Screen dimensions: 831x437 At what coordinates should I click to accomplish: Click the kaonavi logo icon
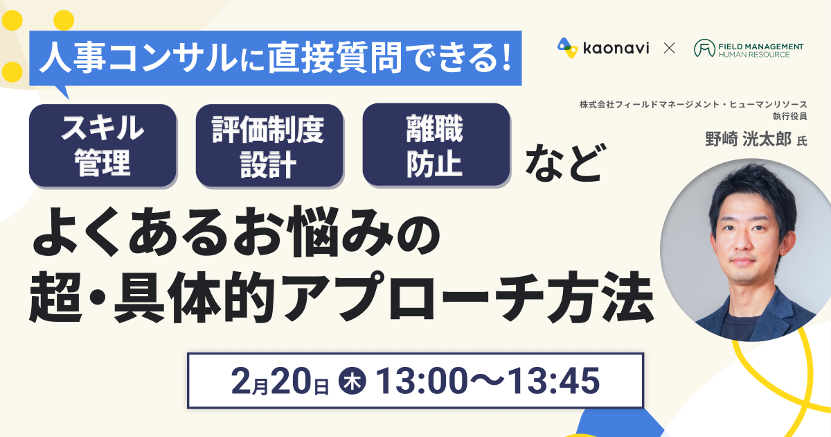click(567, 48)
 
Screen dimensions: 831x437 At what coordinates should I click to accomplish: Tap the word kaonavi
click(616, 49)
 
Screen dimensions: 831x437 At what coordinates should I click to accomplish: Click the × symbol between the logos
click(669, 49)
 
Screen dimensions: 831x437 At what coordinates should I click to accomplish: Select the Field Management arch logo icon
click(704, 49)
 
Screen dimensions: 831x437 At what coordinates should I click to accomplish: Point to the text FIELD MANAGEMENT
click(761, 46)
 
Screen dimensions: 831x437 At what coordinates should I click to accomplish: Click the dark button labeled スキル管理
click(102, 145)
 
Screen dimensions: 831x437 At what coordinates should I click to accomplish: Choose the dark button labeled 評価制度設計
click(269, 145)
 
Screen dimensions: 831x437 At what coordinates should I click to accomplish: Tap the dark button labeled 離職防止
click(436, 145)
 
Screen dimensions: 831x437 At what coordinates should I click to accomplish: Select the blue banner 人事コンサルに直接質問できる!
click(276, 58)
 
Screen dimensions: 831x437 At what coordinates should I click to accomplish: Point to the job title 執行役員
click(790, 117)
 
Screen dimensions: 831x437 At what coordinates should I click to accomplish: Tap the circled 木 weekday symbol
click(352, 381)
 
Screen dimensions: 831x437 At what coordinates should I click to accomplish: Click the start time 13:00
click(422, 381)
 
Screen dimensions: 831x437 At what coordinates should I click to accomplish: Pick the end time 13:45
click(553, 381)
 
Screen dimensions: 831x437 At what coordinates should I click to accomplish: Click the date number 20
click(292, 381)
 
